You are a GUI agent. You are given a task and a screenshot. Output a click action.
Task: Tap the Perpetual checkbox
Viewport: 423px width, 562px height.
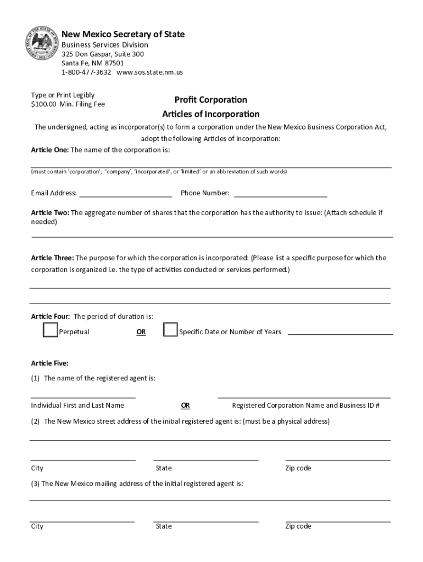click(x=51, y=330)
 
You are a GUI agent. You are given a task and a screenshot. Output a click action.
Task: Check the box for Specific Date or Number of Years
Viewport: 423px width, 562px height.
click(x=170, y=330)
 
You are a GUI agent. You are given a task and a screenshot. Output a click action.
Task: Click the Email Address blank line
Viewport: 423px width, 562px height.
click(x=126, y=195)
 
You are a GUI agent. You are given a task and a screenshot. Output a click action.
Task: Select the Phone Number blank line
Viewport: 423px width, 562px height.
click(x=280, y=195)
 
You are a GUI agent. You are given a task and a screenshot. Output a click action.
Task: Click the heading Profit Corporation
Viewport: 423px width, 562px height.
click(x=210, y=100)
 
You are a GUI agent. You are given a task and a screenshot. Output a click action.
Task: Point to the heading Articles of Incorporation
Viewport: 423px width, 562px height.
click(x=210, y=114)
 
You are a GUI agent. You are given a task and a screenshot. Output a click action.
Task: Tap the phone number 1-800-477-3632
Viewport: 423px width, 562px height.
click(x=86, y=72)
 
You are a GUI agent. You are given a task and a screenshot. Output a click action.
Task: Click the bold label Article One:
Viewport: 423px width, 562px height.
click(x=49, y=150)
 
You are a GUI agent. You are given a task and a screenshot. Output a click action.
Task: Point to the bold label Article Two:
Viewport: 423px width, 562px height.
click(x=49, y=212)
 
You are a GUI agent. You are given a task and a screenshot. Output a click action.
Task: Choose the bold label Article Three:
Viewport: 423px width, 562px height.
click(x=52, y=258)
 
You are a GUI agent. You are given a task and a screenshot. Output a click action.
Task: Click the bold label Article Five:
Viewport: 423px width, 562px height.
click(x=49, y=363)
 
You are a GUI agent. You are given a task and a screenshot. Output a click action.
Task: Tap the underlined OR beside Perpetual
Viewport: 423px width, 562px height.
click(x=141, y=332)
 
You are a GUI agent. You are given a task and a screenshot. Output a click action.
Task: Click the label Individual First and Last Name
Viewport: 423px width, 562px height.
click(x=77, y=406)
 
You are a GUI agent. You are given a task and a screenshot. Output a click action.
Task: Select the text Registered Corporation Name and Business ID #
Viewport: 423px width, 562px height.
click(x=306, y=406)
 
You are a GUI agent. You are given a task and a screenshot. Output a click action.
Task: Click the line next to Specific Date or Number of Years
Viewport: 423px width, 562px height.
click(x=340, y=333)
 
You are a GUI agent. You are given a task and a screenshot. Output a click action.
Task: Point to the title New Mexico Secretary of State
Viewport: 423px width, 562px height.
click(x=123, y=35)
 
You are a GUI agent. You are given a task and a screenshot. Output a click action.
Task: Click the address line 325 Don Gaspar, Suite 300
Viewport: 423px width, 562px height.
click(x=103, y=54)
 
